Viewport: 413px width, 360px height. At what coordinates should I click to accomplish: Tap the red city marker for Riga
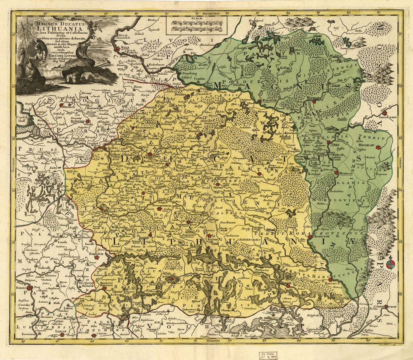(x=117, y=49)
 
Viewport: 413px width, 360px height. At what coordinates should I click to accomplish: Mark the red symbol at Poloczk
(x=260, y=102)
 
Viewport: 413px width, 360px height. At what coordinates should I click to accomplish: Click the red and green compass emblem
(x=390, y=264)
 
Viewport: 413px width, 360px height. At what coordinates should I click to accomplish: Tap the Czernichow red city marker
(x=386, y=306)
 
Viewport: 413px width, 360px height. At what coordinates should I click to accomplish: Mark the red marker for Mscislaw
(x=378, y=147)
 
